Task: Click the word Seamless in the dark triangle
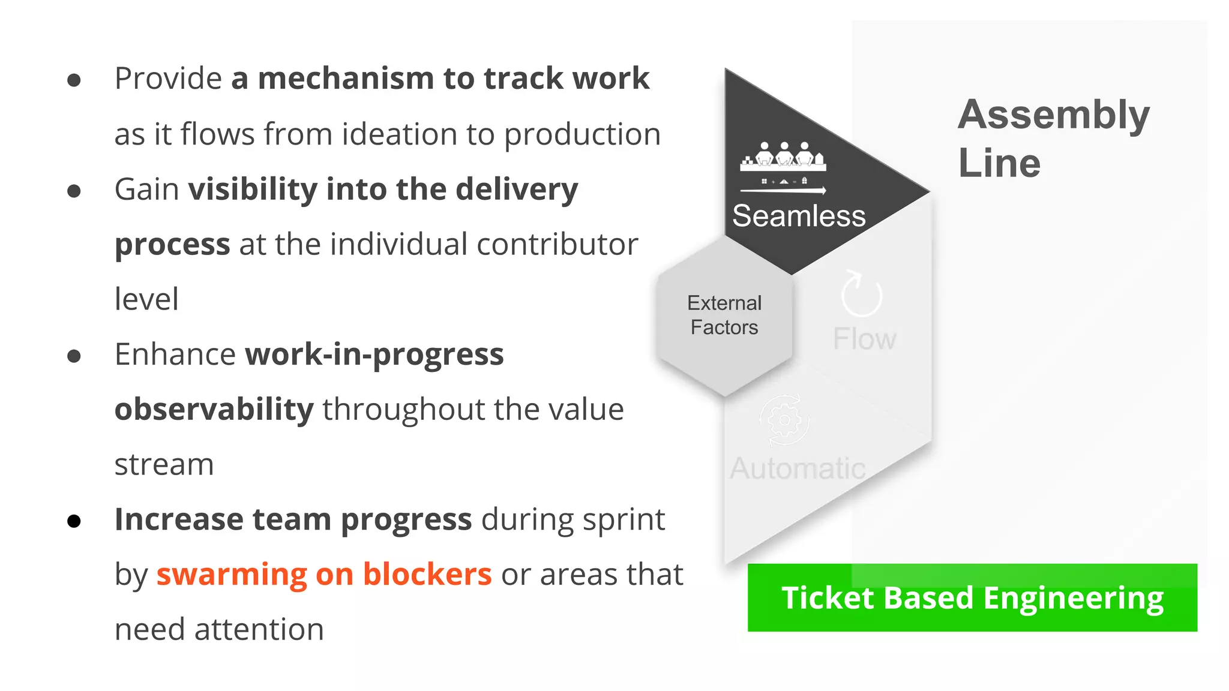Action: [798, 216]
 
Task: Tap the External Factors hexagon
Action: [724, 316]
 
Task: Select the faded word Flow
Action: [864, 340]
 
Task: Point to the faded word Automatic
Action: [797, 468]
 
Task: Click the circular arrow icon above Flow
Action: [861, 294]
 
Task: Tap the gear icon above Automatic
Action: [784, 420]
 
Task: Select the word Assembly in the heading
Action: [1053, 115]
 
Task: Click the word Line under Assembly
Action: [999, 163]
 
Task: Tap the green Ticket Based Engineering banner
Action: [972, 598]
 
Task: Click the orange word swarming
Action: [232, 575]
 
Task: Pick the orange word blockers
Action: [427, 575]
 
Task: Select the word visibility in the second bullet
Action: [253, 190]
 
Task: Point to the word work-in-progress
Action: [374, 354]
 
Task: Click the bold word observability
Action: [214, 410]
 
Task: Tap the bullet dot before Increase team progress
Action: [74, 521]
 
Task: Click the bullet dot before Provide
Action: [74, 80]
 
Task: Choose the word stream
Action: [164, 465]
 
